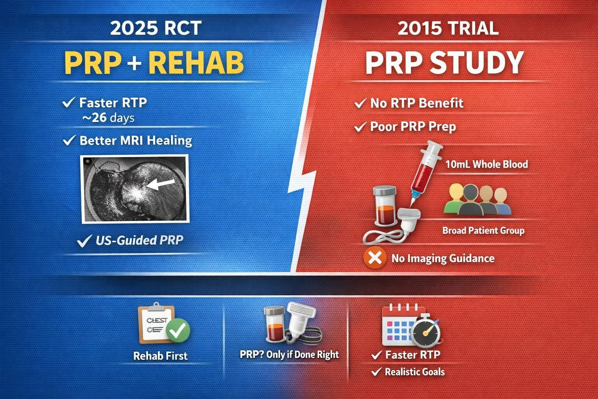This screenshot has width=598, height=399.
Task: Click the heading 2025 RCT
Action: pos(156,28)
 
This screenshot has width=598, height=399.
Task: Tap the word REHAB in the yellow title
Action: pos(196,63)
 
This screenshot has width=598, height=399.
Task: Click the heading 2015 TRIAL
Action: pos(448,28)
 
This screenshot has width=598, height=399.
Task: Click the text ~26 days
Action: pos(108,118)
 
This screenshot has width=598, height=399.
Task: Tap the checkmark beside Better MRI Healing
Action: pos(69,140)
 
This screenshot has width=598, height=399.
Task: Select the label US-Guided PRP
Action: pos(139,240)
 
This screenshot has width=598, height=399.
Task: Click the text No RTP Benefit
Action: pos(417,103)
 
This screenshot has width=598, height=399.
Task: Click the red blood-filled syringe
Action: pos(426,173)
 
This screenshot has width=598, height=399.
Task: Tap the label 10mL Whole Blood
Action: pos(487,164)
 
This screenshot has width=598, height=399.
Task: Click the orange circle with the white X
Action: pos(375,258)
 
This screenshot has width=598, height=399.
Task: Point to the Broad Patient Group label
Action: pos(483,230)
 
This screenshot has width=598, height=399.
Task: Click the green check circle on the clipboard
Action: pos(178,330)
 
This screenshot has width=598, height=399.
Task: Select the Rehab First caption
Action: pos(160,356)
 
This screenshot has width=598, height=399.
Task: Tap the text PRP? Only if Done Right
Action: pos(289,355)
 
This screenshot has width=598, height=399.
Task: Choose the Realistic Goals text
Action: pos(415,372)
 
